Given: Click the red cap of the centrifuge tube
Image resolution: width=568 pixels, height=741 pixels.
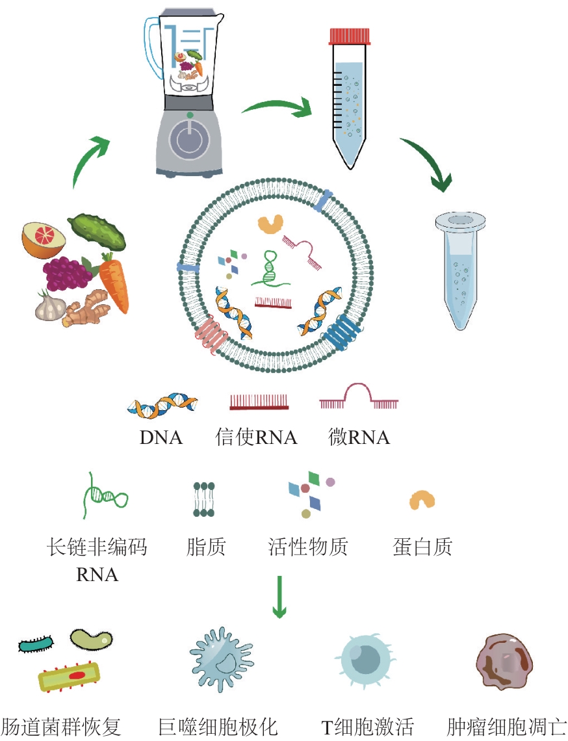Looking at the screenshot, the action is (x=350, y=36).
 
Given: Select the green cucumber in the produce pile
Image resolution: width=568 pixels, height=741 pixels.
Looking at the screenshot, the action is (x=97, y=231).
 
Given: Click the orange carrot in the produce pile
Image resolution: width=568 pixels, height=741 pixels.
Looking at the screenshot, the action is (x=114, y=282).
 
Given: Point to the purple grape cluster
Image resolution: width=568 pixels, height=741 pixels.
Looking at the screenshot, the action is (x=68, y=274).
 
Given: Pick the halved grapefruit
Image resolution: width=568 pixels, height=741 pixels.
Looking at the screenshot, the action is (x=44, y=240).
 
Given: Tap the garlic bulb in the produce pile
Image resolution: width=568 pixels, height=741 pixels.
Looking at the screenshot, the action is (x=50, y=305).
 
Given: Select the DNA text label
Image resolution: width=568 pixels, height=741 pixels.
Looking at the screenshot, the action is (x=161, y=437).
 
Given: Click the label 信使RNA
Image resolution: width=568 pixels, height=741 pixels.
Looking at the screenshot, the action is (x=256, y=437).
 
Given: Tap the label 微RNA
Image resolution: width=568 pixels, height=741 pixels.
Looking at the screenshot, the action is (x=359, y=437).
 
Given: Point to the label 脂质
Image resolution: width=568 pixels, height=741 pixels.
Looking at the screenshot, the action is (x=206, y=547).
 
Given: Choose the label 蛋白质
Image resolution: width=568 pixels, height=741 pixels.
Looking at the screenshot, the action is (x=422, y=547).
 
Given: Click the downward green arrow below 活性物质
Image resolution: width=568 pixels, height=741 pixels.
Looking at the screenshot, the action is (x=279, y=597).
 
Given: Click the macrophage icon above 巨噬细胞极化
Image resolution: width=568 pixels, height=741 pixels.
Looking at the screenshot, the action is (x=221, y=660).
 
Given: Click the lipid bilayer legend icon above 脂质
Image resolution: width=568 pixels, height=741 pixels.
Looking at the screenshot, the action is (x=203, y=499).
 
